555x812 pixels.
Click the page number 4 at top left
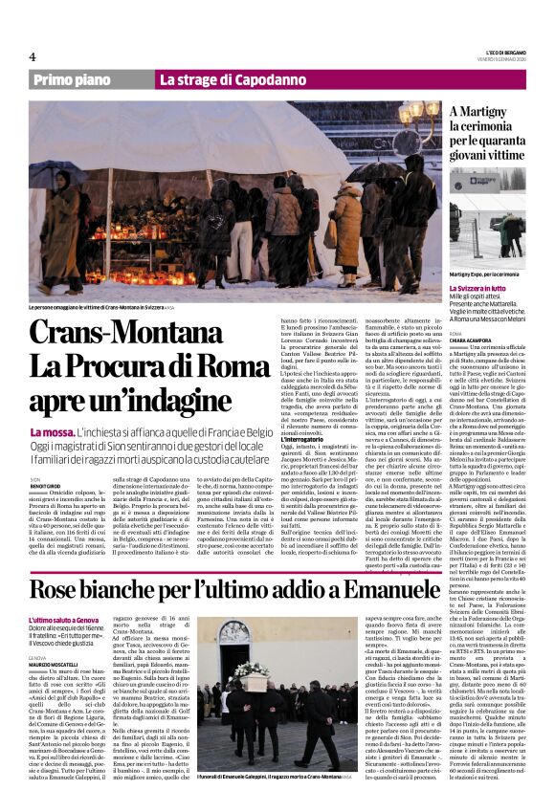33,55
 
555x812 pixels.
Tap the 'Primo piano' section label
74,80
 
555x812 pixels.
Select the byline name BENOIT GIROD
48,486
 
